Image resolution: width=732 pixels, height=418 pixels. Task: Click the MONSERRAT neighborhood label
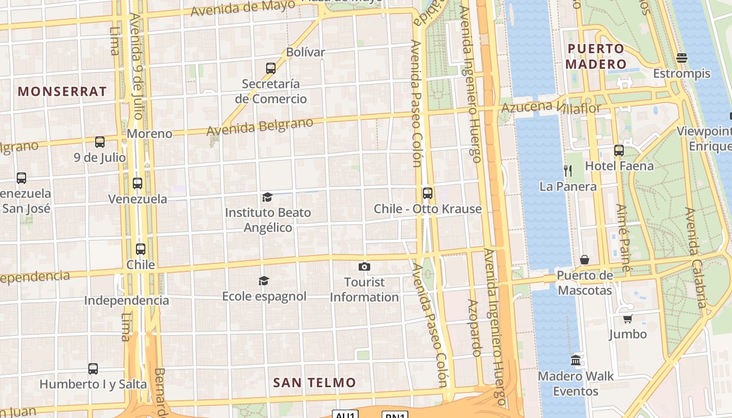pyautogui.click(x=62, y=91)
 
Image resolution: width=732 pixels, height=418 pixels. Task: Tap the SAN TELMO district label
pyautogui.click(x=314, y=382)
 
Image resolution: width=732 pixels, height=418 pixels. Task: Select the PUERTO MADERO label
pyautogui.click(x=597, y=56)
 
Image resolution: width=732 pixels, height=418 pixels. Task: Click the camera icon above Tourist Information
pyautogui.click(x=364, y=267)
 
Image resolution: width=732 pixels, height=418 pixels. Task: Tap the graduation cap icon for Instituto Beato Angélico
pyautogui.click(x=267, y=197)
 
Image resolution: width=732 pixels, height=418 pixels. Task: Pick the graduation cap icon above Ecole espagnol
pyautogui.click(x=264, y=281)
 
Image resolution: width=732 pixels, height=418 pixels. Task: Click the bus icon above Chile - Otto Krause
pyautogui.click(x=428, y=193)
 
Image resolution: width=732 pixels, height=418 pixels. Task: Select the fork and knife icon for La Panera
pyautogui.click(x=568, y=170)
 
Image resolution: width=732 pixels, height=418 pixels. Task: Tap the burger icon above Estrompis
pyautogui.click(x=682, y=57)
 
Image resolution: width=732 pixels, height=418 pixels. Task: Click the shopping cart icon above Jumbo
pyautogui.click(x=627, y=319)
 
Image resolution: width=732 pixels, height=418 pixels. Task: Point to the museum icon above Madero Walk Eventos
pyautogui.click(x=576, y=360)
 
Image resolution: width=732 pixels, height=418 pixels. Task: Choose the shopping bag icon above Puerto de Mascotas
pyautogui.click(x=585, y=260)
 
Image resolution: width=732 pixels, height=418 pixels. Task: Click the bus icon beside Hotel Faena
pyautogui.click(x=619, y=150)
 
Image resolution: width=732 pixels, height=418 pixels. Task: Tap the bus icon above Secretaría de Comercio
pyautogui.click(x=270, y=68)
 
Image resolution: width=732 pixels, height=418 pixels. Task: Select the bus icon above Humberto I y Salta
pyautogui.click(x=93, y=368)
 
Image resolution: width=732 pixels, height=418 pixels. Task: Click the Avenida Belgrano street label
pyautogui.click(x=260, y=126)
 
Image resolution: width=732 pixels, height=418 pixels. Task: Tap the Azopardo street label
pyautogui.click(x=474, y=328)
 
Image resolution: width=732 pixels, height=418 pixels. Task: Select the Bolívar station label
pyautogui.click(x=305, y=52)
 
